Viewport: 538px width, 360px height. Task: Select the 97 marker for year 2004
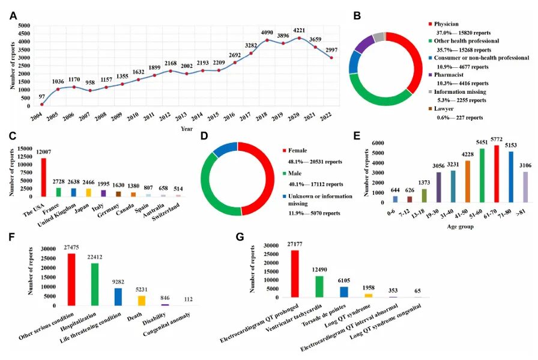[42, 105]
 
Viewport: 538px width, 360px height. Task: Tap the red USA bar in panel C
[43, 177]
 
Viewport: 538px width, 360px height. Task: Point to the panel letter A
[13, 16]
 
